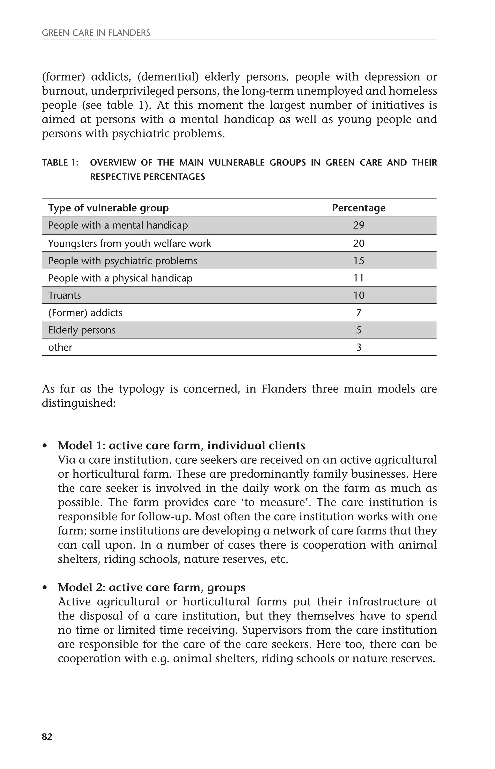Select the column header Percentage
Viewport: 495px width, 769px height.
click(358, 208)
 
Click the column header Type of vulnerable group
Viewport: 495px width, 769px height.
click(108, 208)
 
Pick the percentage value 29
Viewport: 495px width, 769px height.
click(358, 225)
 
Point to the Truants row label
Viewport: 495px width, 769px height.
click(64, 295)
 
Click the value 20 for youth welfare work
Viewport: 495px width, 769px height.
click(358, 243)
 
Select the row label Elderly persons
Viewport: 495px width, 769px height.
click(82, 330)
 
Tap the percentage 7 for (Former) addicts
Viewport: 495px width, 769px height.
click(359, 313)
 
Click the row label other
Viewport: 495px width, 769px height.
click(60, 347)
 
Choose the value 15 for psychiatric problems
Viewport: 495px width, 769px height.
click(358, 261)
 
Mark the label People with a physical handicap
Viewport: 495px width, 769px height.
click(120, 278)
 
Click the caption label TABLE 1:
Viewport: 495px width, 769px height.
click(60, 163)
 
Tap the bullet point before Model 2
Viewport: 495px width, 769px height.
click(45, 588)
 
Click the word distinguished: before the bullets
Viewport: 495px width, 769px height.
click(78, 403)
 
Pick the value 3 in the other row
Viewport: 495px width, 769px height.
click(359, 347)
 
